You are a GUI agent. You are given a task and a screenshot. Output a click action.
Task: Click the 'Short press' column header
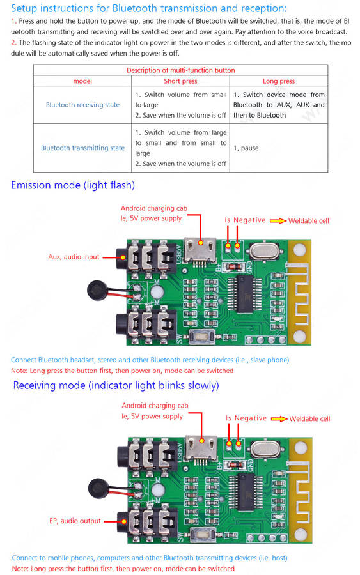click(180, 81)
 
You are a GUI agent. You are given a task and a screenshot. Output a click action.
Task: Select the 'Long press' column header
click(279, 81)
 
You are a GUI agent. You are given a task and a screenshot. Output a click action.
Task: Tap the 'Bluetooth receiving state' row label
click(82, 105)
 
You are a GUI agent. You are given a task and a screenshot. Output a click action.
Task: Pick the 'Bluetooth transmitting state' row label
click(82, 148)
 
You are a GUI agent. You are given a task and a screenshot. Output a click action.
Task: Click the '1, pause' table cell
click(246, 148)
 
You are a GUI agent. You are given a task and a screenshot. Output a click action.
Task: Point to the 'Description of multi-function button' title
click(180, 70)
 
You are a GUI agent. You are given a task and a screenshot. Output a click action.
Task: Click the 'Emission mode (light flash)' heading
click(73, 185)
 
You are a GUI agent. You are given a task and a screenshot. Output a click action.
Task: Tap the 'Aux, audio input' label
click(74, 257)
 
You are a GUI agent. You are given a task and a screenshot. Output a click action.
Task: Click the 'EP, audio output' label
click(75, 521)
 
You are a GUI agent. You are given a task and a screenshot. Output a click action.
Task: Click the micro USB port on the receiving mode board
click(201, 447)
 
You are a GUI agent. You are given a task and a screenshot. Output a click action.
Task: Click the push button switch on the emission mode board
click(202, 336)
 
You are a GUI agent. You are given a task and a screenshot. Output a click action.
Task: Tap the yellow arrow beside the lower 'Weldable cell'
click(279, 418)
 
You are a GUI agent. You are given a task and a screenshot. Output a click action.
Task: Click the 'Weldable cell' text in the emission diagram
click(309, 221)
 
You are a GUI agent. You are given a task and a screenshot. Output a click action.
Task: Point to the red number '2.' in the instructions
click(13, 43)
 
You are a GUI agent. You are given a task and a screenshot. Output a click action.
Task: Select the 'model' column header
click(82, 81)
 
